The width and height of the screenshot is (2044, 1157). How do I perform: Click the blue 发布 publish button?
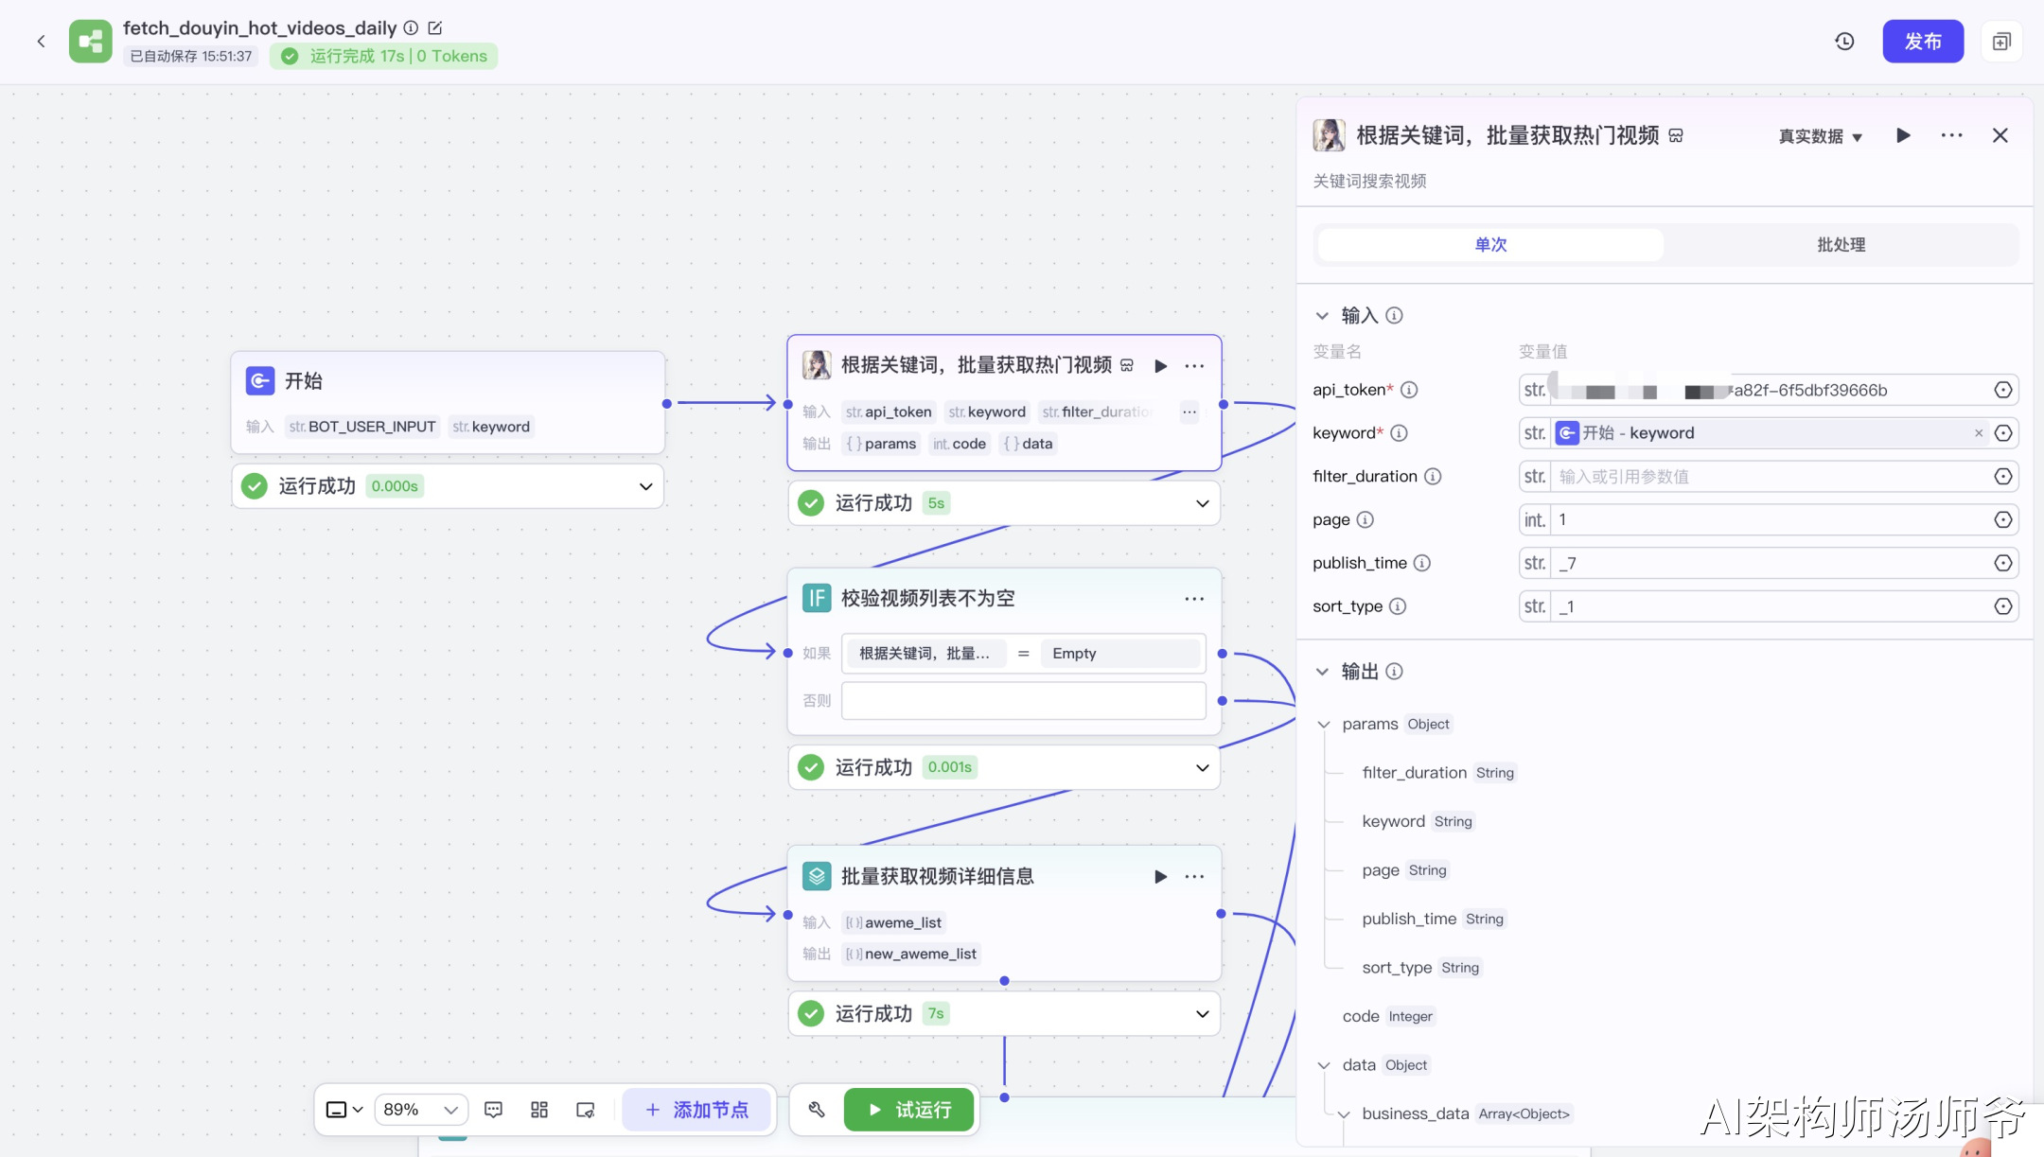(1922, 42)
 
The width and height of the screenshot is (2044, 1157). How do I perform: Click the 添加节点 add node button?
(697, 1110)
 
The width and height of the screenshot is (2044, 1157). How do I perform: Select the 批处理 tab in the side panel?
(1841, 245)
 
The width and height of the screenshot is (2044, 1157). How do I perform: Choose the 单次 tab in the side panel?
(1490, 245)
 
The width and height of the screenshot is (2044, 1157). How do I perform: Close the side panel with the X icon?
(2000, 135)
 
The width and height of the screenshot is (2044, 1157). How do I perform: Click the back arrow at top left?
(41, 42)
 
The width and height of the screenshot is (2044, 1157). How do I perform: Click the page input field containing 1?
(1770, 519)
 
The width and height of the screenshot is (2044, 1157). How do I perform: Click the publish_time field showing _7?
(1770, 563)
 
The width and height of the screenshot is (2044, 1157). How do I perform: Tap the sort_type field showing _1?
(1770, 606)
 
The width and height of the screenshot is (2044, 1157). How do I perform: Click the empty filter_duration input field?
(1770, 477)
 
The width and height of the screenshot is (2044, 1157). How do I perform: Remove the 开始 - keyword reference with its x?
(1978, 433)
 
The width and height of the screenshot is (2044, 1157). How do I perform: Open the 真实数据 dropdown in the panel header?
(1820, 136)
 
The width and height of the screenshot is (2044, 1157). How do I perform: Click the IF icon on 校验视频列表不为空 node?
(817, 598)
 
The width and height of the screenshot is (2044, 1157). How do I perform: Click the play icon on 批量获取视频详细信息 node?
(1160, 877)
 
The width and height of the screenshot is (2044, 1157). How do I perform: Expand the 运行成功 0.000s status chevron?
(645, 486)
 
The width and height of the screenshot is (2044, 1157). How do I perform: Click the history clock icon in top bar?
(1844, 42)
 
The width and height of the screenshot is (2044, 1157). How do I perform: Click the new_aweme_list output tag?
(919, 954)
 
